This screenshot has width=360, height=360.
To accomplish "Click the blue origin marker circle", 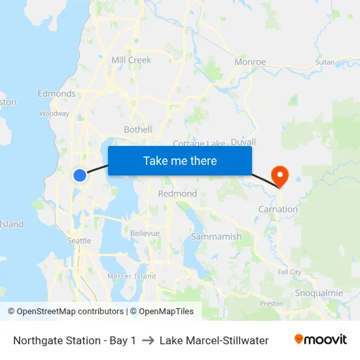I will coord(80,175).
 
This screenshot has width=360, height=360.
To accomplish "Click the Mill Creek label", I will coord(131,60).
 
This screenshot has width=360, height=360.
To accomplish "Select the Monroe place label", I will coord(250,62).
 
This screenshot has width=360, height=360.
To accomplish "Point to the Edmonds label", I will coord(56,94).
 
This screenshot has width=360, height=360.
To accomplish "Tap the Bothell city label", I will coord(138,130).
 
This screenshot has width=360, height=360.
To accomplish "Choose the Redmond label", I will coord(177,194).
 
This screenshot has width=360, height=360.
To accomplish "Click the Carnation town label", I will coord(278,209).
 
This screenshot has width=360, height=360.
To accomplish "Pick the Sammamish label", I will coord(216,236).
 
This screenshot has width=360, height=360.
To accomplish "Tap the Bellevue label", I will coord(145,233).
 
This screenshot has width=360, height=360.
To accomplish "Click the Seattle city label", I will coord(79,241).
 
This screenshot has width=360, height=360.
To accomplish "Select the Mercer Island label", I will coord(132,276).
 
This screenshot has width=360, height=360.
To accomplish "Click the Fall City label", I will coord(289,272).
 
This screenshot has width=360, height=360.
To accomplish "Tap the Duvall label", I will coord(243,141).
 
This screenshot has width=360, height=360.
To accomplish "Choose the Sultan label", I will coord(325,62).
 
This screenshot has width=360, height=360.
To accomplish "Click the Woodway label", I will coord(54,113).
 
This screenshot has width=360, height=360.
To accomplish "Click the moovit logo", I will coord(320,340).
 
